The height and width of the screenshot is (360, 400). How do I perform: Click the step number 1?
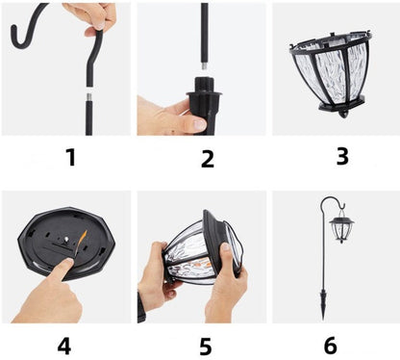pyautogui.click(x=71, y=157)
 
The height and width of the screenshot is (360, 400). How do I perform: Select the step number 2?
pyautogui.click(x=208, y=159)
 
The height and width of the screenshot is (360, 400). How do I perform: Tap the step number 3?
pyautogui.click(x=342, y=156)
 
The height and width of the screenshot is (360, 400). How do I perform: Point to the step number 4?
pyautogui.click(x=64, y=346)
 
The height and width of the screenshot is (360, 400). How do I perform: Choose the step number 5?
pyautogui.click(x=206, y=347)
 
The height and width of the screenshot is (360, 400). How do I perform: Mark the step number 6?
pyautogui.click(x=331, y=346)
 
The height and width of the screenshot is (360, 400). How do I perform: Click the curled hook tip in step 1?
pyautogui.click(x=14, y=32)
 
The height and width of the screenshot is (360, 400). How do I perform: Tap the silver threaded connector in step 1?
pyautogui.click(x=88, y=96)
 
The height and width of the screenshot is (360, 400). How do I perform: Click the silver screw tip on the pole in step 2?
pyautogui.click(x=205, y=64)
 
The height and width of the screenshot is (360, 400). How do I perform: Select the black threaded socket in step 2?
pyautogui.click(x=205, y=93)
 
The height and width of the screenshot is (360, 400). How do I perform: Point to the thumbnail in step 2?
pyautogui.click(x=200, y=124)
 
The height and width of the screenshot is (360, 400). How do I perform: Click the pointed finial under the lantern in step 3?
pyautogui.click(x=343, y=114)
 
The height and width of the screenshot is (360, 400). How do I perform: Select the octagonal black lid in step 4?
pyautogui.click(x=66, y=243)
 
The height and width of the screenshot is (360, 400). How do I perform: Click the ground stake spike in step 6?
pyautogui.click(x=323, y=304)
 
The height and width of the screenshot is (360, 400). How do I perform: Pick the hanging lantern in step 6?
pyautogui.click(x=341, y=227)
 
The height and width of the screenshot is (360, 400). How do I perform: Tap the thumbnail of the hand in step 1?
pyautogui.click(x=100, y=26)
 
